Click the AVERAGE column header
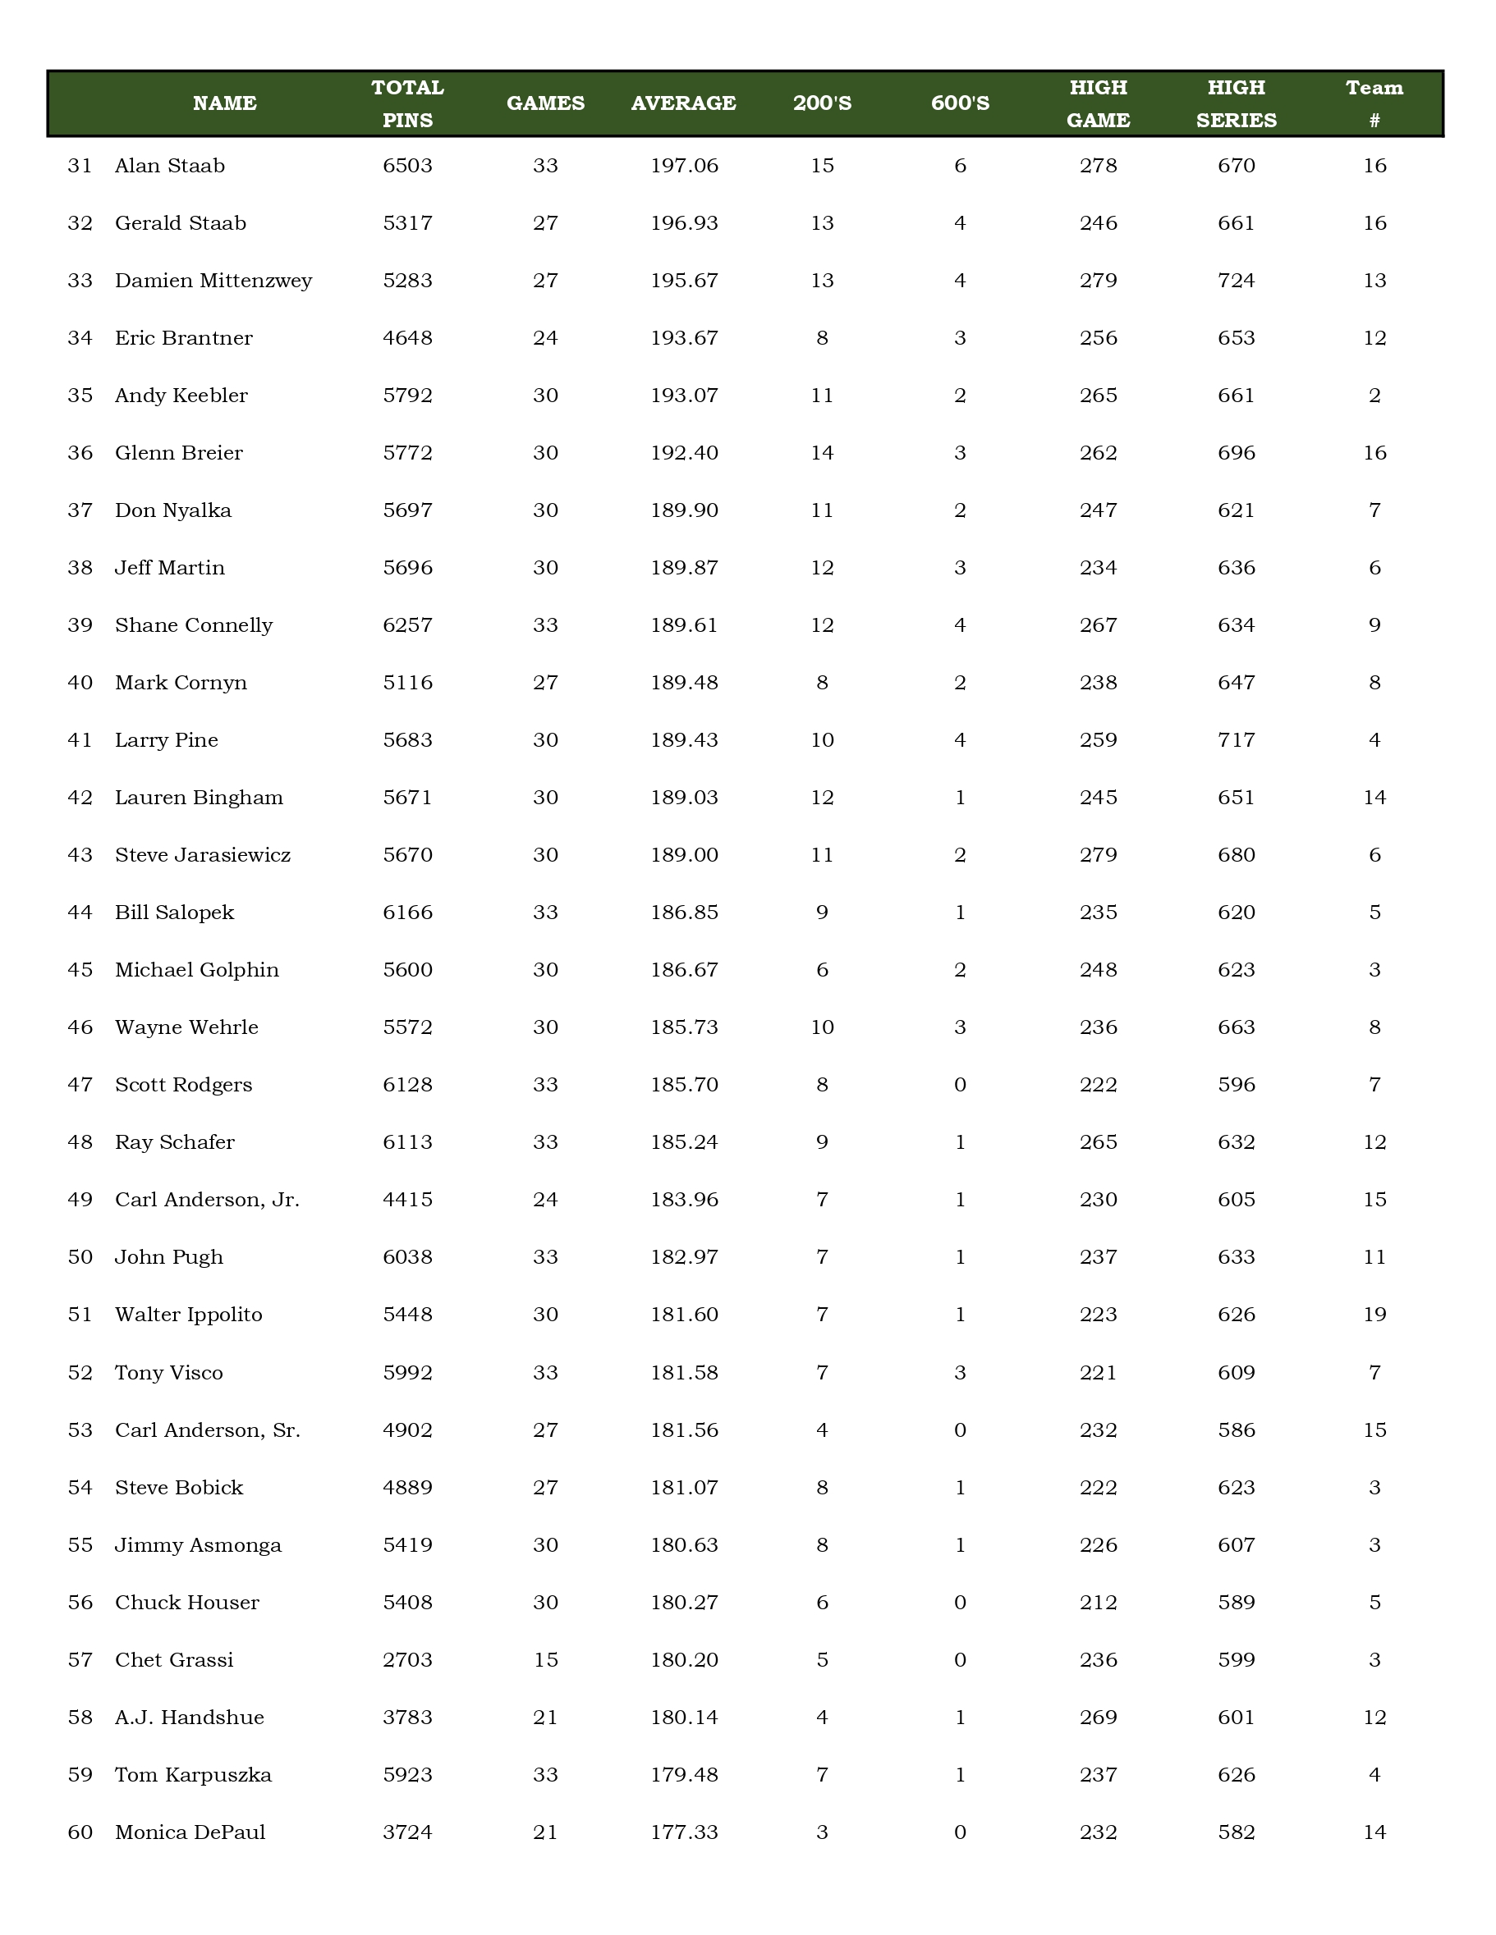(683, 103)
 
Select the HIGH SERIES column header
(1236, 103)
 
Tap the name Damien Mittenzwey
(213, 281)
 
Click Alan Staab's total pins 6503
(408, 166)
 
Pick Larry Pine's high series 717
(1236, 740)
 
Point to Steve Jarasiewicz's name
(203, 855)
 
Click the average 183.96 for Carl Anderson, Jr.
(683, 1200)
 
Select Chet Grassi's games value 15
(545, 1659)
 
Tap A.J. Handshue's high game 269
(1098, 1717)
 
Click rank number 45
(80, 970)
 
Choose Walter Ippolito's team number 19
(1374, 1314)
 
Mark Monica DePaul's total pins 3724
(408, 1832)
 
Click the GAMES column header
(545, 103)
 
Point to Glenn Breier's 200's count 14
(822, 453)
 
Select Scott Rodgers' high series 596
(1236, 1085)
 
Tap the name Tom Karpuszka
(193, 1775)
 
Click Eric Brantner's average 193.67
(683, 337)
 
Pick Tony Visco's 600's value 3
(960, 1372)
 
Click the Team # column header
(1374, 103)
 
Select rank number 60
(80, 1832)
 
